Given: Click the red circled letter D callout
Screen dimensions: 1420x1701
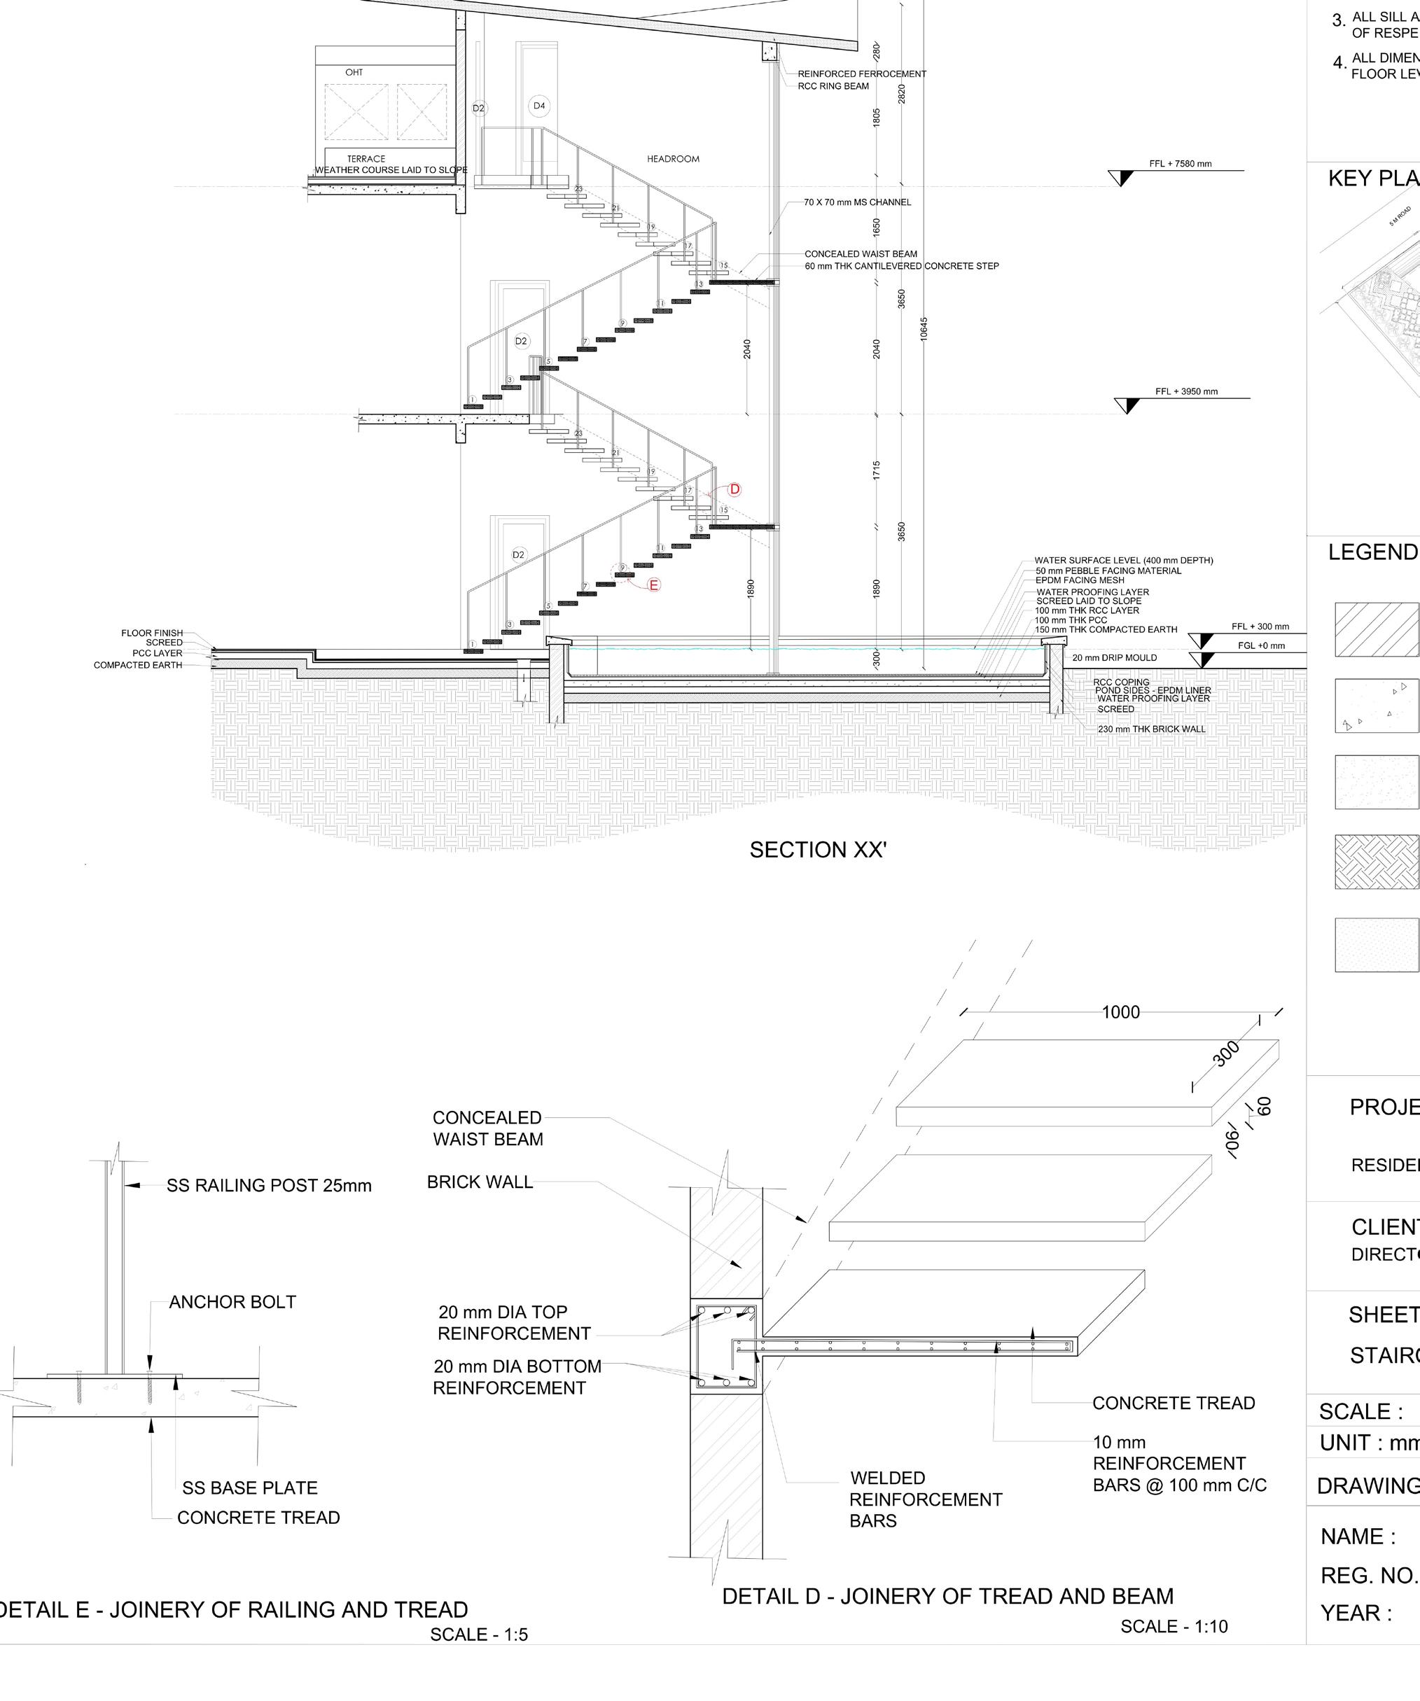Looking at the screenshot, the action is [x=735, y=489].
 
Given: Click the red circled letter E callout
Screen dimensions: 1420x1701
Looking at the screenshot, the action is [x=654, y=584].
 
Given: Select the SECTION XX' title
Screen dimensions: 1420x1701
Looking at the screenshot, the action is [x=818, y=850].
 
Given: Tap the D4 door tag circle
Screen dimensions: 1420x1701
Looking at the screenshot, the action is [x=538, y=106].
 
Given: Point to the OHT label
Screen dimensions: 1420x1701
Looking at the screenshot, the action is [x=354, y=73].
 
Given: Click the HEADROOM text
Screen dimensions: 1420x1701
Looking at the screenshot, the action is [x=673, y=160].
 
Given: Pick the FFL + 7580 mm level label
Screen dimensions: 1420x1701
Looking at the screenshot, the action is [x=1181, y=164].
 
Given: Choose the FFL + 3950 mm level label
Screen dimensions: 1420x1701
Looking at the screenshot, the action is [x=1186, y=392].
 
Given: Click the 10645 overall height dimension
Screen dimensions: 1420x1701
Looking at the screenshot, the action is [x=924, y=329].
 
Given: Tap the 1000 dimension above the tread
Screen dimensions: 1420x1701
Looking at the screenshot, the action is [x=1120, y=1012].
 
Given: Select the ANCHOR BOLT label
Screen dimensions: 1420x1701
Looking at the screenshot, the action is [x=232, y=1303].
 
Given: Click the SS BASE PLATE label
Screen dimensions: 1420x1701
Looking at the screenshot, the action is [x=249, y=1488].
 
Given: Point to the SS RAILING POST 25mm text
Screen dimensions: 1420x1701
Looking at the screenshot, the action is [x=269, y=1186].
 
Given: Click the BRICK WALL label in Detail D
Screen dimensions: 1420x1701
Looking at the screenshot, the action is [x=480, y=1182].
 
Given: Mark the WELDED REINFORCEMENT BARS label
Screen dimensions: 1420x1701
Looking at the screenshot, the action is [x=925, y=1499].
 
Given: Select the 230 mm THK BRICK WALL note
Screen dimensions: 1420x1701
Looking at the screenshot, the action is [x=1151, y=729].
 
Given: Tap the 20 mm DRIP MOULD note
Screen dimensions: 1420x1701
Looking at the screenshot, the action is [x=1115, y=658].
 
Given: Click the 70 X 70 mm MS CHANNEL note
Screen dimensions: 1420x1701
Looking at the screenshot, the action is [x=857, y=202].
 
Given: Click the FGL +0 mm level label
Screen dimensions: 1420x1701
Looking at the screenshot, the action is [x=1261, y=645].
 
